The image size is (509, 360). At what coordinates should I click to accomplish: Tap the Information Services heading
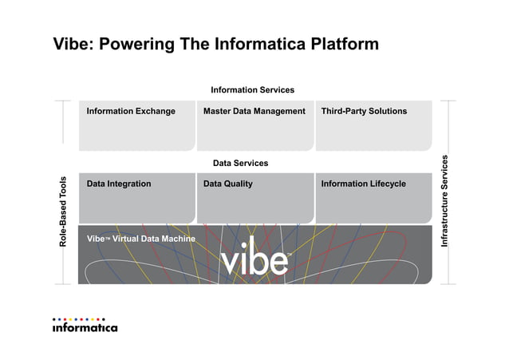[x=252, y=90]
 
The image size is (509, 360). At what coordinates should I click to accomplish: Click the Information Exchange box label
[x=131, y=111]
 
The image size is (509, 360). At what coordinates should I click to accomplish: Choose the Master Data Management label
[x=254, y=111]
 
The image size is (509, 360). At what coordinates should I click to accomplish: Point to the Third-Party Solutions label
[x=363, y=111]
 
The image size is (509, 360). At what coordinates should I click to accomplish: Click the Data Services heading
[x=240, y=164]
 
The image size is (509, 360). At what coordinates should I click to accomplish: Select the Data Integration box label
[x=119, y=184]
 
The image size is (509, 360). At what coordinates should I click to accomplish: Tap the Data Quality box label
[x=227, y=184]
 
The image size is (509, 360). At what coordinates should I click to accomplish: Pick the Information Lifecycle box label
[x=363, y=184]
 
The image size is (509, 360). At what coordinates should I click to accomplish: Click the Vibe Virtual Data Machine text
[x=140, y=239]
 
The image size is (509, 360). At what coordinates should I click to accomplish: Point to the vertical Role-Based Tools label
[x=64, y=211]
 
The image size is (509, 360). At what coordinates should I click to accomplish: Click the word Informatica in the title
[x=247, y=43]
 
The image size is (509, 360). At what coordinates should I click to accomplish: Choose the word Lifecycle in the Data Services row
[x=385, y=184]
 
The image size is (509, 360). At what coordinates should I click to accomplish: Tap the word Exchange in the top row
[x=156, y=111]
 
